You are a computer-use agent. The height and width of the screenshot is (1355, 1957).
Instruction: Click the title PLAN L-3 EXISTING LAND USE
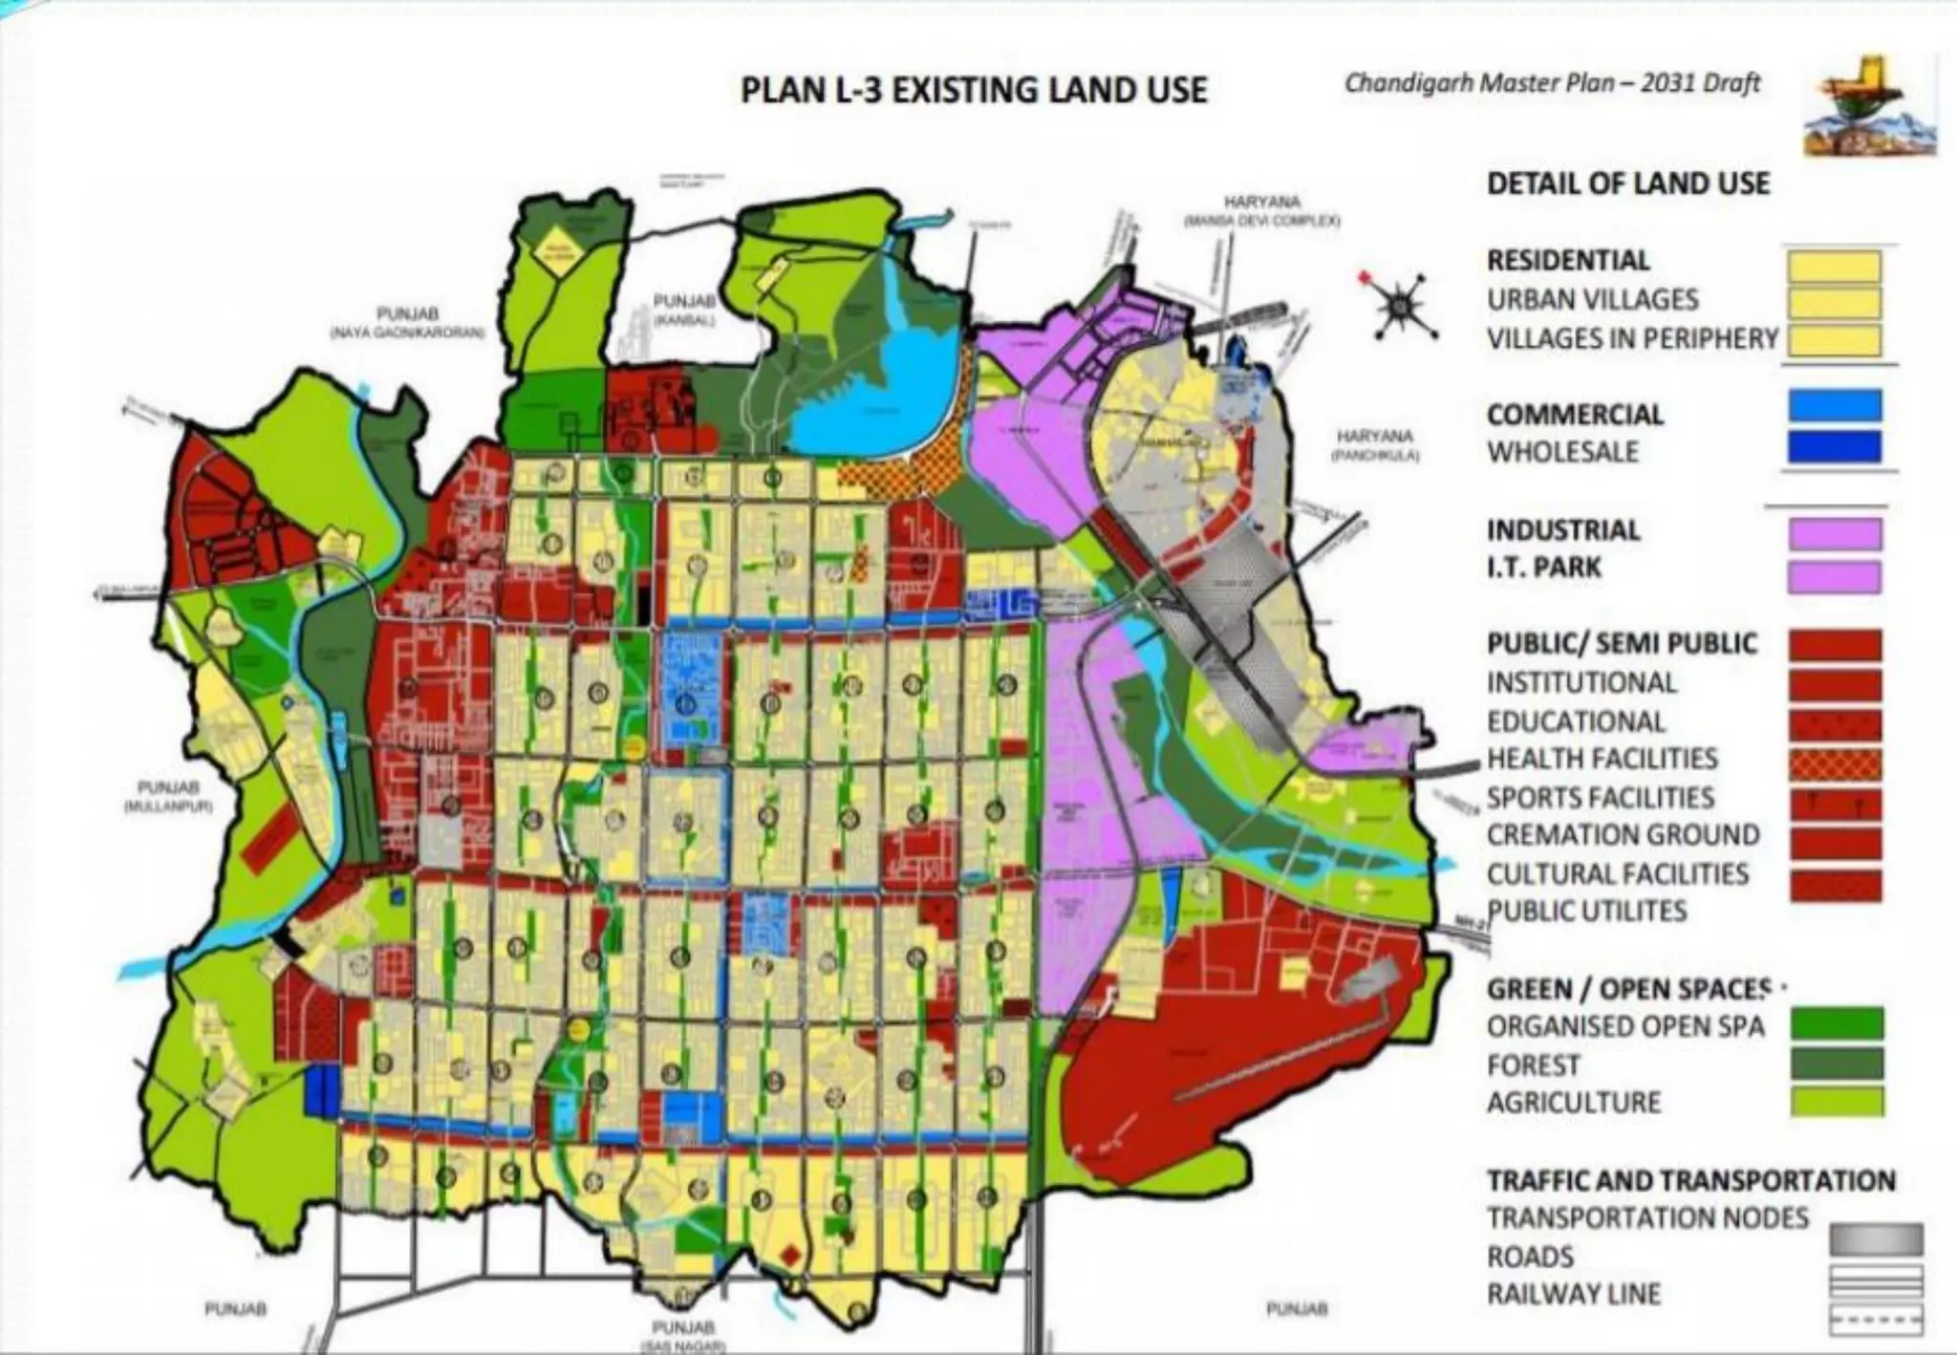tap(974, 90)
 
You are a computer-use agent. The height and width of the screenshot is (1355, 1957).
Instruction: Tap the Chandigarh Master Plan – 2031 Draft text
tap(1552, 83)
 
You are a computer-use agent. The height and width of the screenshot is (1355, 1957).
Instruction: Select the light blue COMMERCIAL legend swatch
tap(1834, 406)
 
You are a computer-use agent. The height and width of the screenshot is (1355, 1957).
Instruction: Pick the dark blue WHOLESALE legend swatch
tap(1834, 447)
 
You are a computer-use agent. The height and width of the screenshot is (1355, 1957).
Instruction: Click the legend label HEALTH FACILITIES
tap(1602, 759)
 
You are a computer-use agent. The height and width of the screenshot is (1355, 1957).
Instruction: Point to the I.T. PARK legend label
tap(1543, 567)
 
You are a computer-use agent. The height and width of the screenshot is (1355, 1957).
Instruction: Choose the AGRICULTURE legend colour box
tap(1836, 1102)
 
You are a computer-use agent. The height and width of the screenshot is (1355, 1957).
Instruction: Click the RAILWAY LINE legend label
tap(1573, 1294)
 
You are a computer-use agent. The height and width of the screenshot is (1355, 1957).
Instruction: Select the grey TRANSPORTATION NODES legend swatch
tap(1875, 1239)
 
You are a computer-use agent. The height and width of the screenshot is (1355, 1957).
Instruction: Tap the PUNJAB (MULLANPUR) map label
tap(168, 796)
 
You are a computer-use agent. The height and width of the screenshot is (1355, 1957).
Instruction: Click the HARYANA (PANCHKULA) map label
tap(1375, 445)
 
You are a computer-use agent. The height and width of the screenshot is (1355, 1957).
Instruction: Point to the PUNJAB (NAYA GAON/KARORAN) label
tap(407, 322)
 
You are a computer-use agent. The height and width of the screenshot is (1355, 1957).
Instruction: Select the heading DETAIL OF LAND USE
tap(1627, 183)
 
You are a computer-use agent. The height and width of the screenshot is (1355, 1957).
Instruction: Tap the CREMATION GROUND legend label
tap(1623, 835)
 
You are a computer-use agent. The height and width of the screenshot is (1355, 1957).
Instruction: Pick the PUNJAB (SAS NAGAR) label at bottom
tap(683, 1335)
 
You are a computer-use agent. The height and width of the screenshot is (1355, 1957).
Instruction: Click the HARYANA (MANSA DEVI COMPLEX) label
tap(1262, 210)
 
